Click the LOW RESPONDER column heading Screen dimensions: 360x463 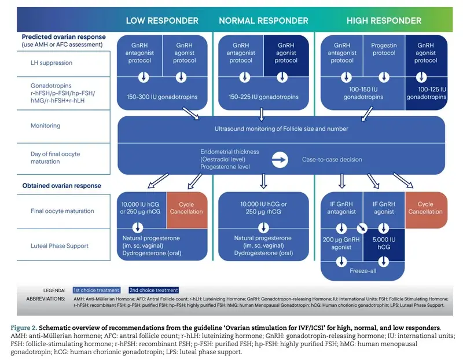(x=162, y=21)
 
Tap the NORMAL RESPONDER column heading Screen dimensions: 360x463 (x=263, y=21)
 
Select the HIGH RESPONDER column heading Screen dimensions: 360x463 (x=384, y=21)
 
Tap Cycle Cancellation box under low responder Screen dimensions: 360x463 (x=186, y=208)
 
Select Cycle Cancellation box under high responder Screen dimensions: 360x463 (x=425, y=208)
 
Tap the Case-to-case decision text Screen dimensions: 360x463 (x=332, y=159)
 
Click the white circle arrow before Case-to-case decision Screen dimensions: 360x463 (x=280, y=159)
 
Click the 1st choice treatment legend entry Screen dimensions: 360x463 (x=97, y=290)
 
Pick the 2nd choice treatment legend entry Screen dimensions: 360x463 (x=154, y=290)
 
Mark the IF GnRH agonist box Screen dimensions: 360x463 (x=383, y=208)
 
